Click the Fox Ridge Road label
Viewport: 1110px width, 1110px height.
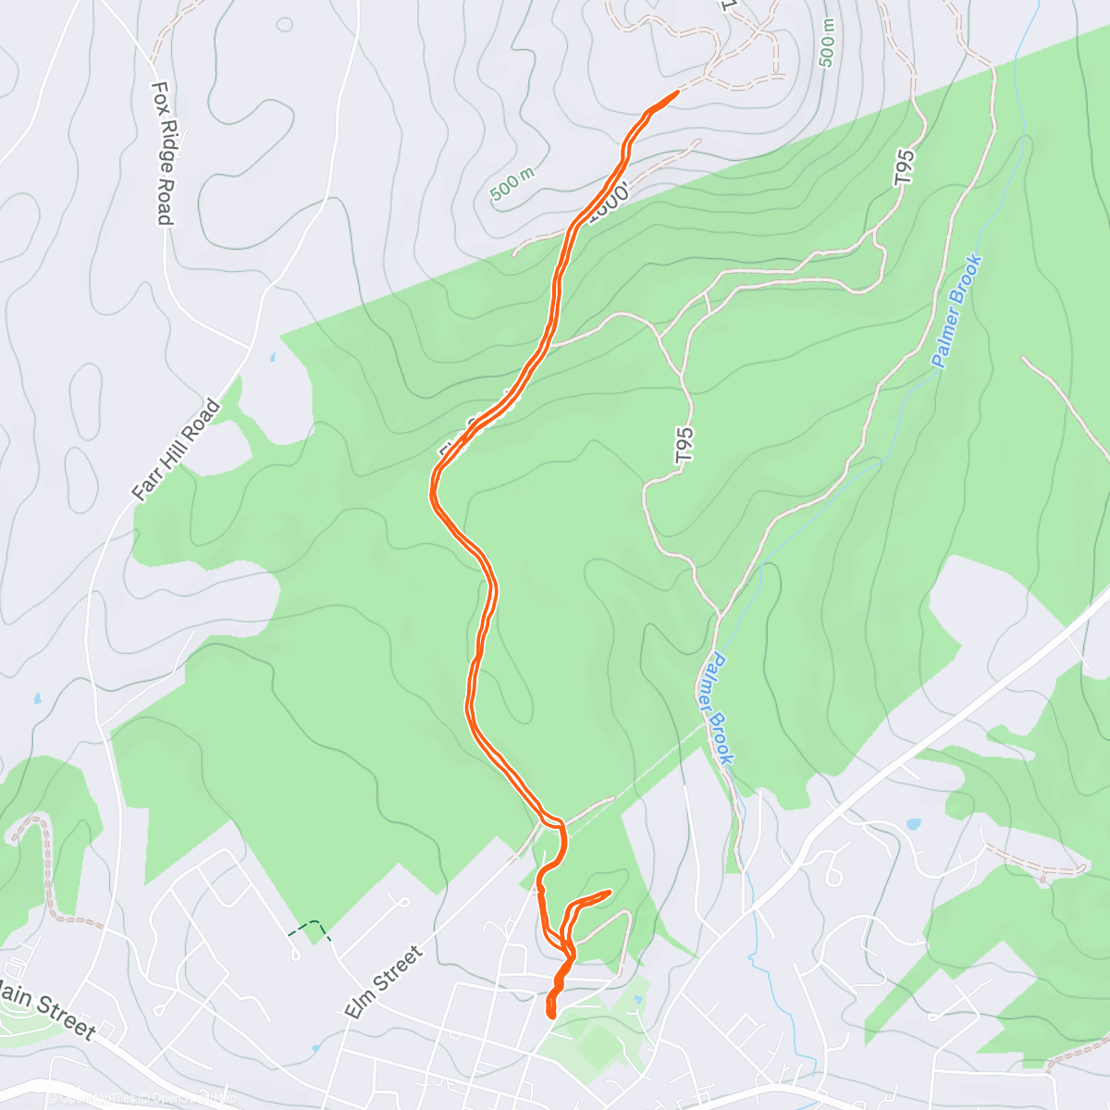pos(163,153)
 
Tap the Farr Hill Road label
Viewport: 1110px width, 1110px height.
pos(177,450)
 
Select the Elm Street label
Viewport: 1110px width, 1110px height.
pos(383,982)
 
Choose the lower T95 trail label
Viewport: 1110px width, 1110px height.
pos(684,445)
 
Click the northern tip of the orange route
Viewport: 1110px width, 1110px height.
pos(677,92)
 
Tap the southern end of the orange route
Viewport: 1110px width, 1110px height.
pos(552,1015)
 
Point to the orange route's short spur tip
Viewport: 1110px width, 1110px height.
pos(610,892)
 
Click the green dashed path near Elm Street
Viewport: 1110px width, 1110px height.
pos(310,926)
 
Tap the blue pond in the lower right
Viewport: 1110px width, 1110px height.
pos(914,823)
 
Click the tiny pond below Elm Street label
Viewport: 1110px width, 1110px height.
pos(315,1048)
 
